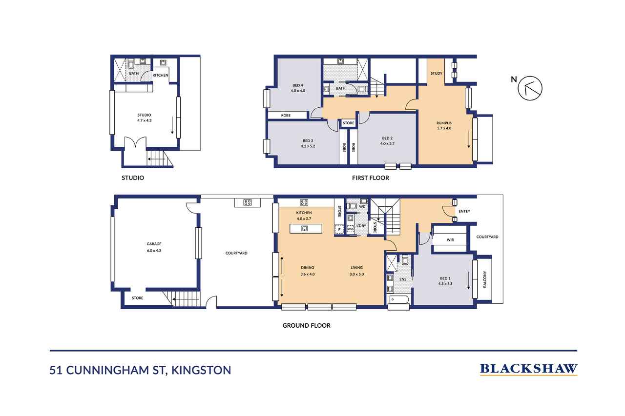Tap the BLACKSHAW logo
[528, 369]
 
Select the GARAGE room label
[154, 244]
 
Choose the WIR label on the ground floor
[450, 240]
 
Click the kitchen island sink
[304, 228]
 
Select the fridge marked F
[338, 229]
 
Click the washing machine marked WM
[350, 229]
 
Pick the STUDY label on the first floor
[436, 74]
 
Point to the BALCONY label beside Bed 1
[484, 279]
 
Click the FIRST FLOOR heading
[371, 178]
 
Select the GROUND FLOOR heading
[306, 325]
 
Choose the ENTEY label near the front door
[464, 211]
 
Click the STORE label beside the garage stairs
[137, 297]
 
